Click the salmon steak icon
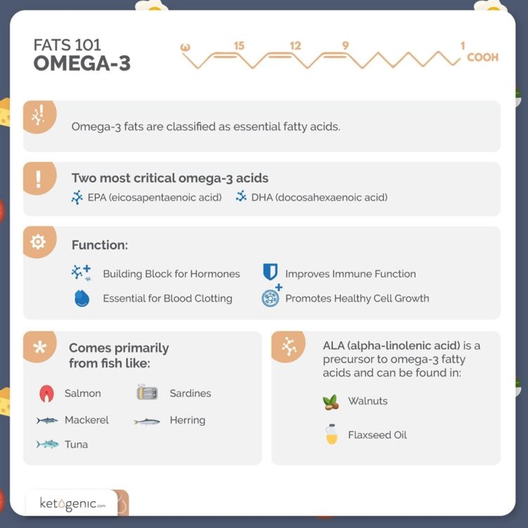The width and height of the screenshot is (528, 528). pos(47,394)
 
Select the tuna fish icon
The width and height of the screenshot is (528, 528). pos(48,444)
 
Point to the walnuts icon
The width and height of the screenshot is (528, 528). pos(330,402)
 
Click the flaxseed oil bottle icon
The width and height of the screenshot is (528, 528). pos(331,435)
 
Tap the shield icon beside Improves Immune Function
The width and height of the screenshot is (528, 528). pos(270,273)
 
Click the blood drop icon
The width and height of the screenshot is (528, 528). pos(82,298)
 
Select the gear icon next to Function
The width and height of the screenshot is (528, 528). pos(38,242)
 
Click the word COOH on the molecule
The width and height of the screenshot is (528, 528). pos(482,57)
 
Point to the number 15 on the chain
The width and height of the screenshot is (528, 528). pos(239,46)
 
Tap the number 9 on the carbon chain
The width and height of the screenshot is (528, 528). pos(345,46)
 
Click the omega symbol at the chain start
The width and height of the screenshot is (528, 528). pos(186,47)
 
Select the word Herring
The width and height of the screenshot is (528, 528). pos(187,420)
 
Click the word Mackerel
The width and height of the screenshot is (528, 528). pos(87,420)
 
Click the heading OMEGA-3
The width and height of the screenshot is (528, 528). pos(82,63)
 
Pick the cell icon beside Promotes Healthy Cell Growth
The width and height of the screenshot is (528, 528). pos(271,297)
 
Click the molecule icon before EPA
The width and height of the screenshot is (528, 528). pos(77,198)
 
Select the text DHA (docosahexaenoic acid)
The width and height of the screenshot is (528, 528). pos(319,197)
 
